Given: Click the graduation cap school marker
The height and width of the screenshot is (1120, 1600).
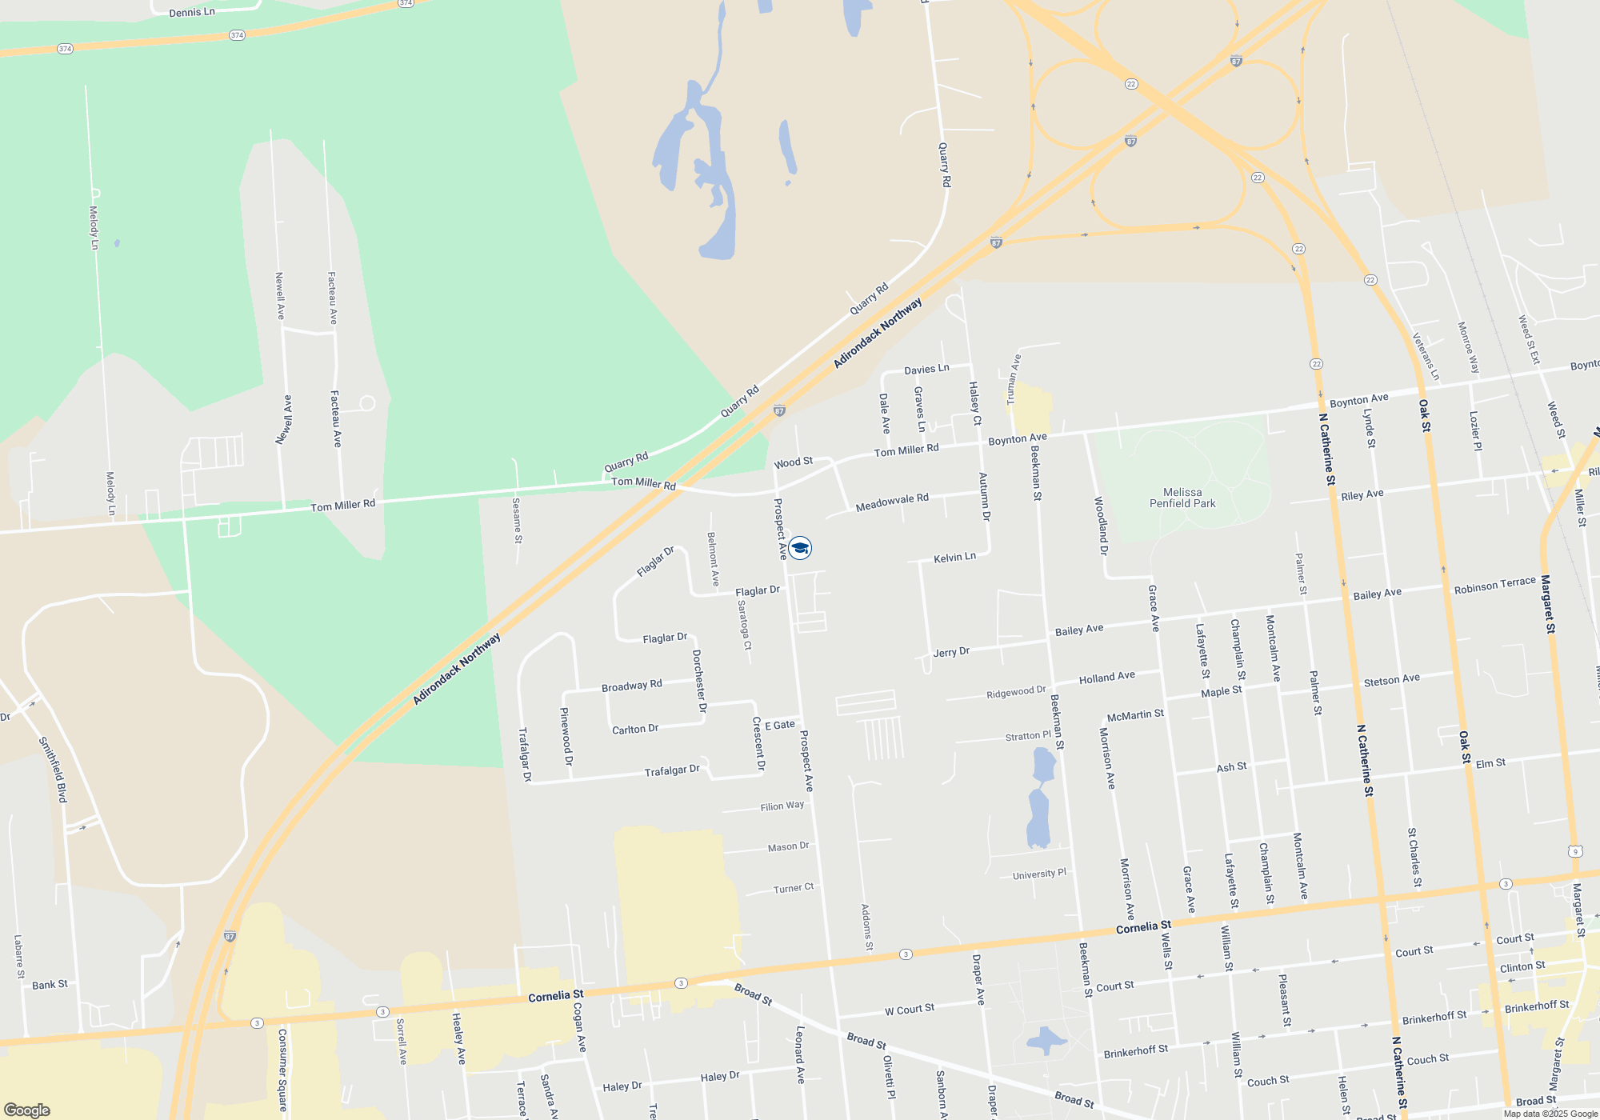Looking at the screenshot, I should [x=800, y=548].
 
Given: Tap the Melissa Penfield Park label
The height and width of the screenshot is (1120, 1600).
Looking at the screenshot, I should [x=1182, y=498].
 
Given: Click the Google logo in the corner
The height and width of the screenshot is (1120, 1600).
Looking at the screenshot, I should [x=27, y=1110].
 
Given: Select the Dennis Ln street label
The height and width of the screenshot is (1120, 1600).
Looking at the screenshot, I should [x=192, y=12].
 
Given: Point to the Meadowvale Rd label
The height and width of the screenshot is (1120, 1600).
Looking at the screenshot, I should [x=892, y=502].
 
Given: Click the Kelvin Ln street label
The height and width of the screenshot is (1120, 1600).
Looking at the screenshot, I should [x=954, y=557].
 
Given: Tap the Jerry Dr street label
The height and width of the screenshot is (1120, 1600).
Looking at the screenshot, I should [x=951, y=652].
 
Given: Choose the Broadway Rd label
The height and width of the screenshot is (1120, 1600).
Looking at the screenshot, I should [x=631, y=686].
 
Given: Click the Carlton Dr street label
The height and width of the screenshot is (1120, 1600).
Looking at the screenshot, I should [x=634, y=729].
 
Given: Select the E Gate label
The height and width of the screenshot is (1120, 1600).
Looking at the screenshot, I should [x=780, y=725].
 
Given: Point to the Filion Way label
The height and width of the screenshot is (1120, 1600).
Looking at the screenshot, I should [x=782, y=806].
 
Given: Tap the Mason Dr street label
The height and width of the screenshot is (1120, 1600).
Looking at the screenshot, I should [x=788, y=846].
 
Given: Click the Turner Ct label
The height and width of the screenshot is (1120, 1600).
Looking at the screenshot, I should [x=793, y=888].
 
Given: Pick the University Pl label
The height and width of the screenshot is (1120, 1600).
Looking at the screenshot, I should [x=1039, y=874].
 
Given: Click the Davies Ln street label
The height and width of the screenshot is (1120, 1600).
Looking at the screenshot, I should [x=926, y=369].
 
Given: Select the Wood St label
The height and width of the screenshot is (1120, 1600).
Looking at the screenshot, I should [x=793, y=462].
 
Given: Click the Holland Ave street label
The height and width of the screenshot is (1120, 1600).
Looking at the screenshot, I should [x=1106, y=678].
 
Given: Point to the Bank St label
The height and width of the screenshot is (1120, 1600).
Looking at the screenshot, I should [x=50, y=985].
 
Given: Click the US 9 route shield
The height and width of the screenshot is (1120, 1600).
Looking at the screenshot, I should [x=1574, y=851].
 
